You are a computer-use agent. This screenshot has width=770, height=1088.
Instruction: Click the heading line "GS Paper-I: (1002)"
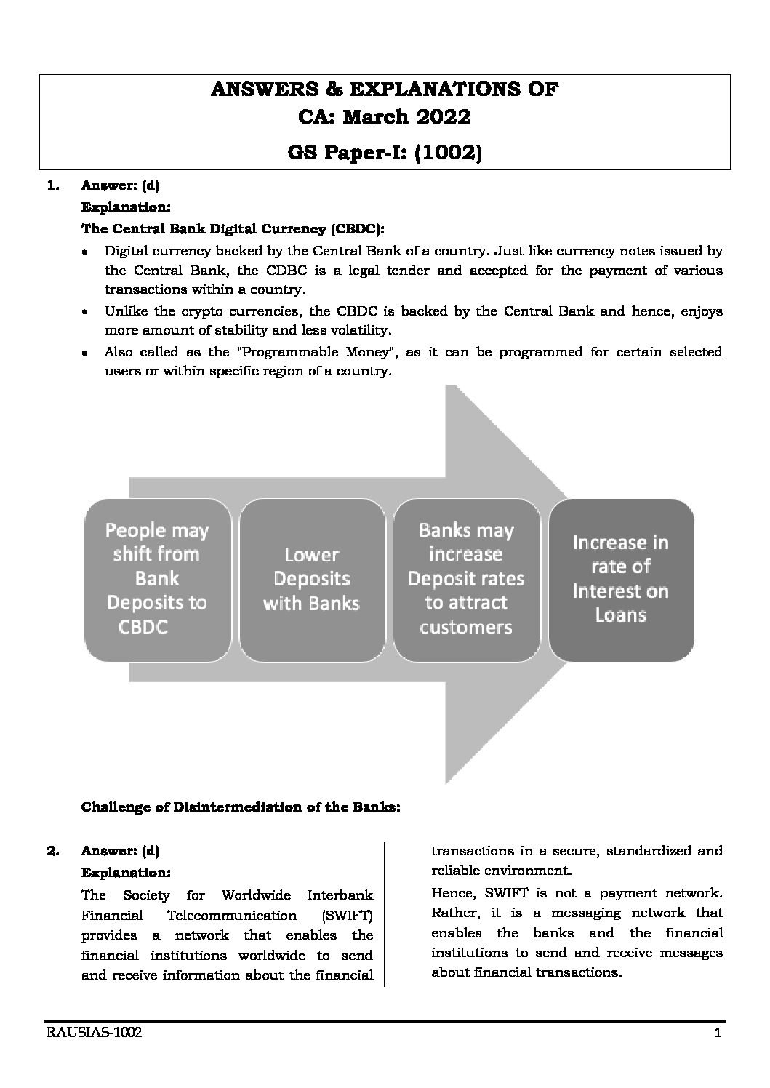385,153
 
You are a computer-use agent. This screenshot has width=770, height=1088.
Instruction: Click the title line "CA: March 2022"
385,117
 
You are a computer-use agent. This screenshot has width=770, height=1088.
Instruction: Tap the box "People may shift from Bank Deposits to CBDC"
157,579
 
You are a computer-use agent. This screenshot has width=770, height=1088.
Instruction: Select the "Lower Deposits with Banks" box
311,579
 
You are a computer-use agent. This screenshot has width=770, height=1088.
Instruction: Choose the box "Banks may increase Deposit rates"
466,579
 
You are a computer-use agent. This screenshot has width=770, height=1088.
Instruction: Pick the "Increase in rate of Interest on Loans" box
620,579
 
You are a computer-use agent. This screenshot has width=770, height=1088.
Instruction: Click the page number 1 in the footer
717,1033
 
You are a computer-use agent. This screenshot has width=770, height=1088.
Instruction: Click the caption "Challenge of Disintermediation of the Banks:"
240,807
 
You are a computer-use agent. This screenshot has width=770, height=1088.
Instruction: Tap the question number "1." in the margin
52,185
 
